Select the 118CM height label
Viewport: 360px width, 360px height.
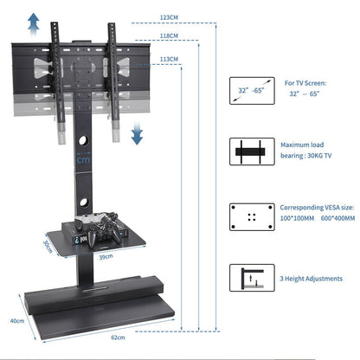[169, 35]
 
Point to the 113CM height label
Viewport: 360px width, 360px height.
[170, 59]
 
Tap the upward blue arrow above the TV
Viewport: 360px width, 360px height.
[33, 21]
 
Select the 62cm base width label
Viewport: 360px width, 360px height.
[106, 337]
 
